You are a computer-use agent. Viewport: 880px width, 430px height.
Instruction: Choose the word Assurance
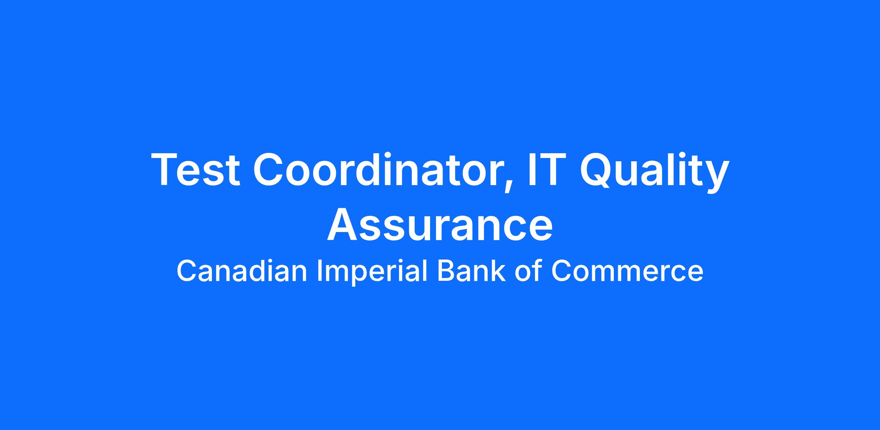tap(440, 224)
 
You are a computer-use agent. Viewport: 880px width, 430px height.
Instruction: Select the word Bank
tap(471, 271)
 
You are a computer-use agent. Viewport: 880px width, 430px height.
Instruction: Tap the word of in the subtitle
tap(528, 271)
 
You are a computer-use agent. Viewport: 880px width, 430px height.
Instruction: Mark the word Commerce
tap(627, 271)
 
